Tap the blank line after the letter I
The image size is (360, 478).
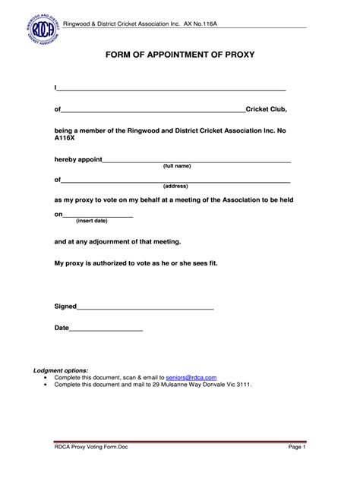[172, 89]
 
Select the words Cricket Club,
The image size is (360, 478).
[266, 109]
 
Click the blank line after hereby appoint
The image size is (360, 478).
[196, 161]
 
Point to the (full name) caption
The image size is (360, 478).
[177, 166]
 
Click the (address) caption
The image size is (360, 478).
[175, 186]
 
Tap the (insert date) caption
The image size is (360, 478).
[92, 221]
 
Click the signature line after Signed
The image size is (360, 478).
[145, 307]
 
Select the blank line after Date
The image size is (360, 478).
[106, 329]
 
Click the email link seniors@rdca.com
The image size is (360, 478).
[191, 377]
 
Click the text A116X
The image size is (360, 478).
[65, 139]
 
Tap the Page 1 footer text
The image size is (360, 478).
[296, 448]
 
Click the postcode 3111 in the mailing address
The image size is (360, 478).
[243, 385]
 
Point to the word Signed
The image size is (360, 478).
[65, 307]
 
